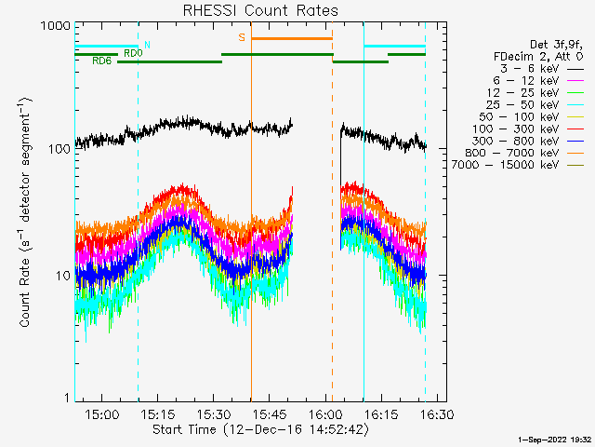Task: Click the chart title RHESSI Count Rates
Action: point(260,10)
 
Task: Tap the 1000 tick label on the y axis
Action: point(55,26)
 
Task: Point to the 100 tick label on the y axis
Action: point(59,149)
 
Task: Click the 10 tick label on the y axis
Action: point(63,276)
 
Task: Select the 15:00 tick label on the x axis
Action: point(101,413)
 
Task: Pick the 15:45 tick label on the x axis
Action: point(270,413)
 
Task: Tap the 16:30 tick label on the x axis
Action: point(437,413)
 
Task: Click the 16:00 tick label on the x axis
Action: point(325,413)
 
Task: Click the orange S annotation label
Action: point(242,37)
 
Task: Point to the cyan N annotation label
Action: point(147,45)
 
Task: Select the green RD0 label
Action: point(133,54)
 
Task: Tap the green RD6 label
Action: point(101,61)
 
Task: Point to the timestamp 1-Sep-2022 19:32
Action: point(554,440)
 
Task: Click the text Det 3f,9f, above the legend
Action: point(556,45)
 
